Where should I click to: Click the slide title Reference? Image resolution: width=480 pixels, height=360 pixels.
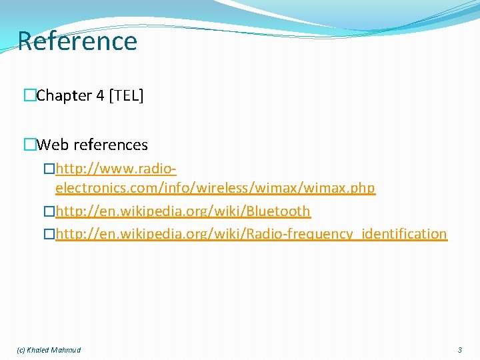click(x=77, y=41)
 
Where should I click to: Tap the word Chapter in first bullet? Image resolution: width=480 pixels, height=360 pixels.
click(x=65, y=96)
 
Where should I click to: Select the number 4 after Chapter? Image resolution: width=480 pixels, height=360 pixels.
click(x=100, y=96)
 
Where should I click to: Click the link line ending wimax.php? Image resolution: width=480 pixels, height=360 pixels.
click(x=215, y=189)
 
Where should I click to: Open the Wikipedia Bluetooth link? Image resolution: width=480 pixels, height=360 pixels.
click(x=183, y=211)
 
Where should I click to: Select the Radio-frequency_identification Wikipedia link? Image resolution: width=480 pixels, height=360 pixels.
click(x=251, y=234)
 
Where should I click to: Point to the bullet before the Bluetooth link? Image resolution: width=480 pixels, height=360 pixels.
click(x=49, y=211)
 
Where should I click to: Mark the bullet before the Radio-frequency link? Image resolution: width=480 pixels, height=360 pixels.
click(x=49, y=234)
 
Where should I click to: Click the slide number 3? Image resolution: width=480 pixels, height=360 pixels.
click(x=459, y=350)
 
